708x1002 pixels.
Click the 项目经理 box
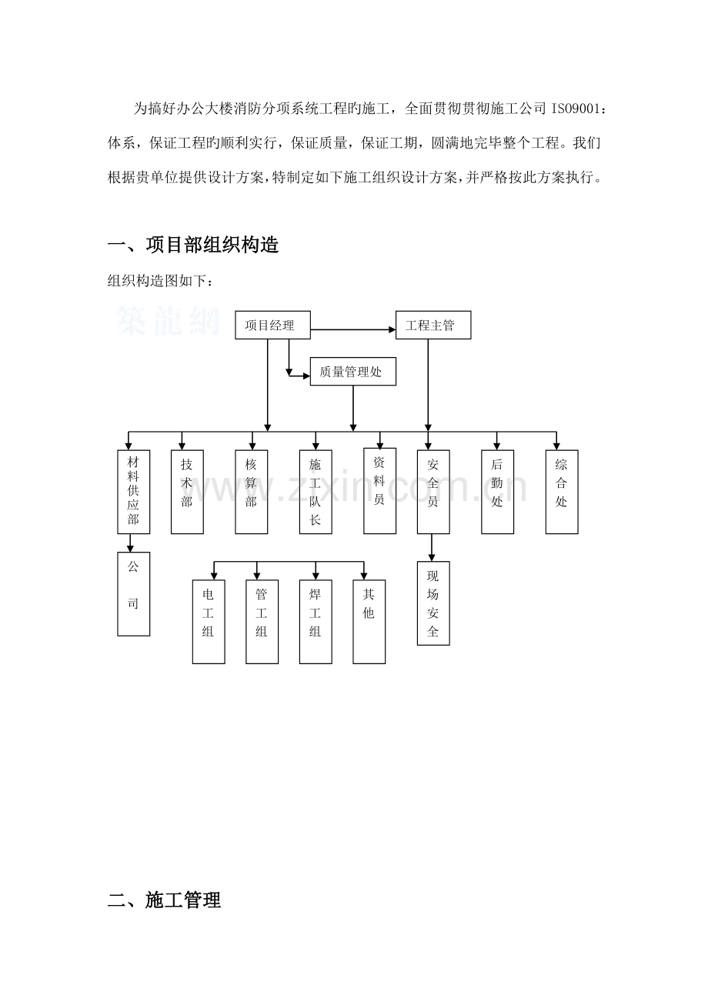pyautogui.click(x=272, y=325)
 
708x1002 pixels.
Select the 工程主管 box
pyautogui.click(x=432, y=325)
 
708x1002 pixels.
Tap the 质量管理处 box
pyautogui.click(x=354, y=373)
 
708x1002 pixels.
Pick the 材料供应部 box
pyautogui.click(x=133, y=491)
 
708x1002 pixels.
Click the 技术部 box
pyautogui.click(x=187, y=491)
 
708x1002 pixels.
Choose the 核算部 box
pyautogui.click(x=252, y=491)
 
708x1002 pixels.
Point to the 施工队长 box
pyautogui.click(x=316, y=491)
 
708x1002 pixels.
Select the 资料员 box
pyautogui.click(x=379, y=490)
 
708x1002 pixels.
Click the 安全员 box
pyautogui.click(x=433, y=491)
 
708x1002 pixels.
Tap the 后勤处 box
pyautogui.click(x=497, y=491)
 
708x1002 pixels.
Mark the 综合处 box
pyautogui.click(x=561, y=491)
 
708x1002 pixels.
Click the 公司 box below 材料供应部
pyautogui.click(x=133, y=593)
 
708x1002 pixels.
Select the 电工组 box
pyautogui.click(x=209, y=621)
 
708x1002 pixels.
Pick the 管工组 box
pyautogui.click(x=262, y=621)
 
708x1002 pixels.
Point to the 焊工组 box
pyautogui.click(x=316, y=621)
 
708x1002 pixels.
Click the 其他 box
pyautogui.click(x=369, y=621)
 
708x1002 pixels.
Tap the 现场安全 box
pyautogui.click(x=432, y=603)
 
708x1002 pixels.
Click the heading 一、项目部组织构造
pyautogui.click(x=192, y=245)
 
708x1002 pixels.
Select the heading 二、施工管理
pyautogui.click(x=164, y=900)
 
